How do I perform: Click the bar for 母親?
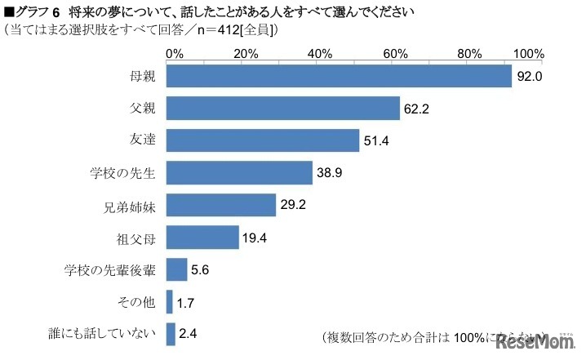point(338,76)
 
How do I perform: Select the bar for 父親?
point(282,108)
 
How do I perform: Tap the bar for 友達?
point(262,140)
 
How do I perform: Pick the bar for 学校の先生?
point(239,172)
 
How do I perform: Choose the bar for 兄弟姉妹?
point(220,205)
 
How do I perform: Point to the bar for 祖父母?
point(202,237)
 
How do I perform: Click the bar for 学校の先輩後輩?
point(176,269)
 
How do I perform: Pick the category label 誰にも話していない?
point(110,334)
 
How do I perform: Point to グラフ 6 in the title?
point(29,13)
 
